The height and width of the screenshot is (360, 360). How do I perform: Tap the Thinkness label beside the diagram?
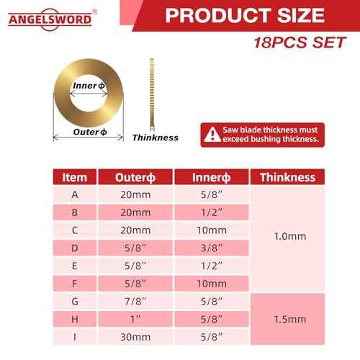click(x=155, y=137)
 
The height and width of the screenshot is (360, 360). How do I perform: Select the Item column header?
click(x=75, y=177)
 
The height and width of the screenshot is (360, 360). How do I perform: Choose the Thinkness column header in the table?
click(x=287, y=177)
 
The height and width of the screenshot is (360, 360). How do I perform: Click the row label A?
click(x=75, y=194)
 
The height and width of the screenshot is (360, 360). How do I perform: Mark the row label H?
click(x=75, y=318)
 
